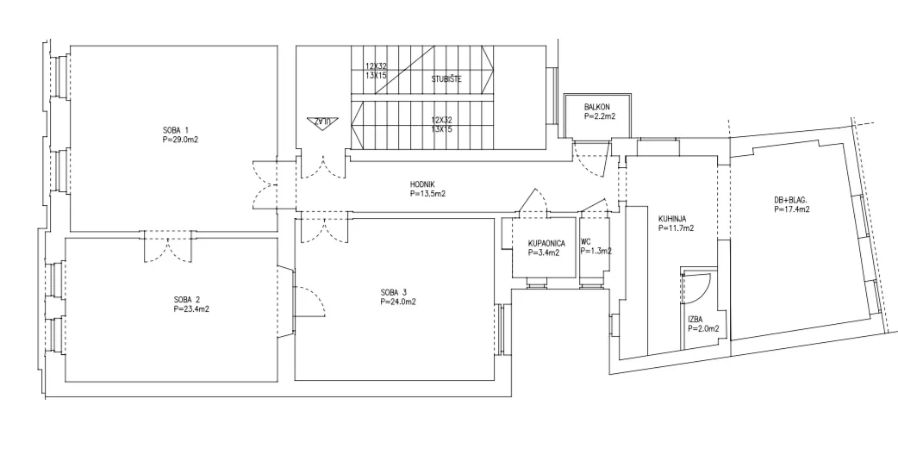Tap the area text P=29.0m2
[x=180, y=139]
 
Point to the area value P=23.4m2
[x=191, y=309]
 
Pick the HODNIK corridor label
[x=422, y=184]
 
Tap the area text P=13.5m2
[x=427, y=194]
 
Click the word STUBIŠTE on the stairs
[x=446, y=79]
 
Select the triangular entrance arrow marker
[x=322, y=122]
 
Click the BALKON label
[x=596, y=107]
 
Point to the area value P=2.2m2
[x=600, y=116]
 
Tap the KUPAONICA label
[x=546, y=243]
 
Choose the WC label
[x=585, y=241]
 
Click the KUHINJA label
[x=672, y=218]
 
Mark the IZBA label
[x=695, y=320]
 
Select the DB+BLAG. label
[x=790, y=200]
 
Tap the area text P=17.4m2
[x=792, y=209]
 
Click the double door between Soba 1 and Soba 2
[x=166, y=246]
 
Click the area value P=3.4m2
[x=544, y=252]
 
